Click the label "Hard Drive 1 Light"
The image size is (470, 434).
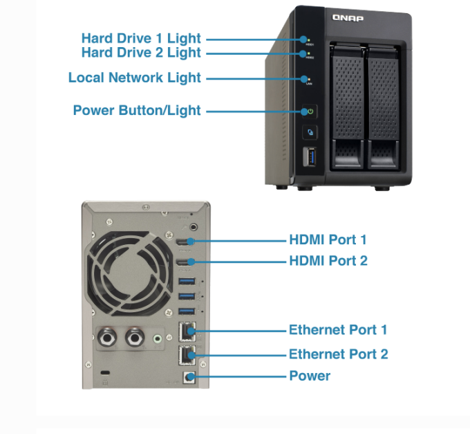point(141,38)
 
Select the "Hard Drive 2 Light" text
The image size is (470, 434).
point(141,53)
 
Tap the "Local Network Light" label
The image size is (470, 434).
point(135,78)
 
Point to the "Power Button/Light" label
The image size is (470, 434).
point(137,111)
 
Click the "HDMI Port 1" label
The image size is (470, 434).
point(328,240)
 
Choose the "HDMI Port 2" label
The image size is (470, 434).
point(328,261)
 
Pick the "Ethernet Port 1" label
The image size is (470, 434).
point(338,329)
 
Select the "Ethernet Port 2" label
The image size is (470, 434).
point(338,354)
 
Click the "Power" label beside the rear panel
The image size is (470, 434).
point(310,377)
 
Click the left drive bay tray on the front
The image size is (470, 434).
point(348,104)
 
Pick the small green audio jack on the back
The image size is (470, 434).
point(160,339)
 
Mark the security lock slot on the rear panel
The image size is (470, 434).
point(105,373)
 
